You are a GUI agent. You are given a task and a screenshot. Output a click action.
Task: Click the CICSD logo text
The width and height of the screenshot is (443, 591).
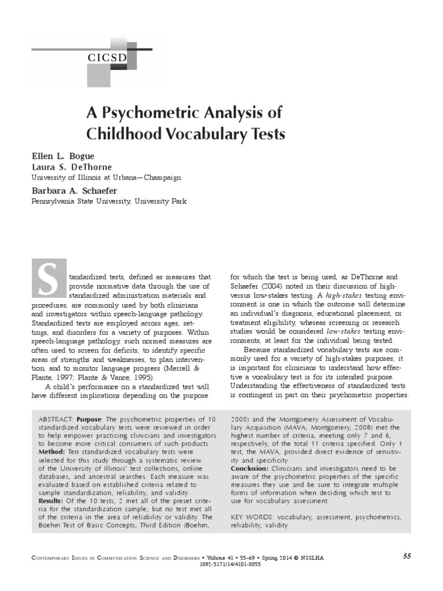pyautogui.click(x=108, y=57)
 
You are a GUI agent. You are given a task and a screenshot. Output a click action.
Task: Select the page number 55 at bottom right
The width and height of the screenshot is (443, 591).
pyautogui.click(x=407, y=556)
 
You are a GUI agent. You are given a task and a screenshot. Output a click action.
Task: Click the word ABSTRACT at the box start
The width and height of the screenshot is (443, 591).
pyautogui.click(x=56, y=418)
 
